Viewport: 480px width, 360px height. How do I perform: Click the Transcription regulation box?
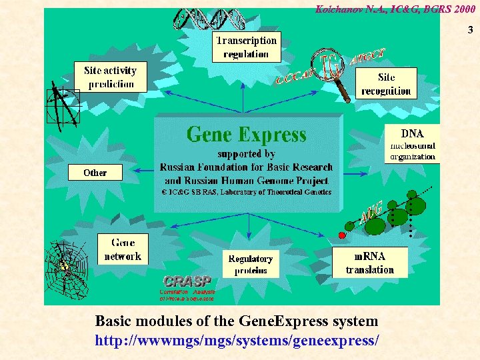coord(245,47)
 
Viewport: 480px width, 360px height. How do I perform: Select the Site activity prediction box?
coord(111,77)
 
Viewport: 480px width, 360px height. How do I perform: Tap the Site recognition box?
coord(386,83)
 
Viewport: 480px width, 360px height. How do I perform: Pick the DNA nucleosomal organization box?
coord(411,145)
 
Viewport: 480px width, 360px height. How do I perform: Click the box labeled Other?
coord(95,173)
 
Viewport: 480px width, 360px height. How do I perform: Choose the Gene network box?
coord(123,249)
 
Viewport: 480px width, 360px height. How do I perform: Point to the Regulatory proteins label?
coord(251,264)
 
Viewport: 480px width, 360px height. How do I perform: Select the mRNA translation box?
coord(369,263)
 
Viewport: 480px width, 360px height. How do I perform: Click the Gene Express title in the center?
coord(247,135)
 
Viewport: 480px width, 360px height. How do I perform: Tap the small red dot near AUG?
coord(342,235)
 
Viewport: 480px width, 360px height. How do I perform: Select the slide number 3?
coord(470,30)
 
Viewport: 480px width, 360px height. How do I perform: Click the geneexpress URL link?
coord(237,340)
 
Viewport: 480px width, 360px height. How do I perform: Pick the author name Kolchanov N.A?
coord(343,9)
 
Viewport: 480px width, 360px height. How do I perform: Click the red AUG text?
coord(371,211)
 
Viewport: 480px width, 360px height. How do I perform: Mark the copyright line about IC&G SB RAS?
coord(247,192)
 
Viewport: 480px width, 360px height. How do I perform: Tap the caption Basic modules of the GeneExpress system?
coord(237,321)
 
